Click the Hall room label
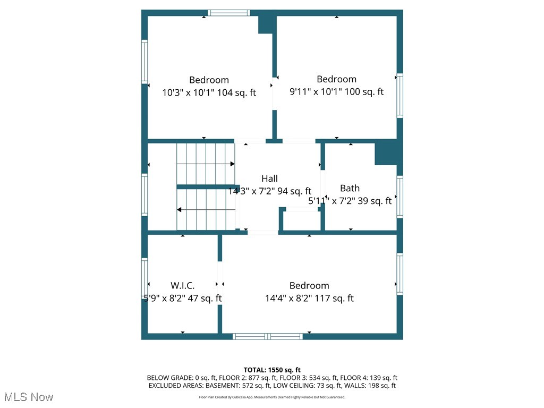(269, 178)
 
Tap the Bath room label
(350, 188)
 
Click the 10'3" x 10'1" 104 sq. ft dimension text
(209, 92)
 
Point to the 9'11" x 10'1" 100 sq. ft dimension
(336, 91)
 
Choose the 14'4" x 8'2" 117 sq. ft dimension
(309, 299)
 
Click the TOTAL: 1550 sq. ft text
(272, 370)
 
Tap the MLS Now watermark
(29, 397)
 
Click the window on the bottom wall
(268, 336)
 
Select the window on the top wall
(228, 13)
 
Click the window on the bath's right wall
(399, 197)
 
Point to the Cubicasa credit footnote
(272, 397)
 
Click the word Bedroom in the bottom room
(309, 286)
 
